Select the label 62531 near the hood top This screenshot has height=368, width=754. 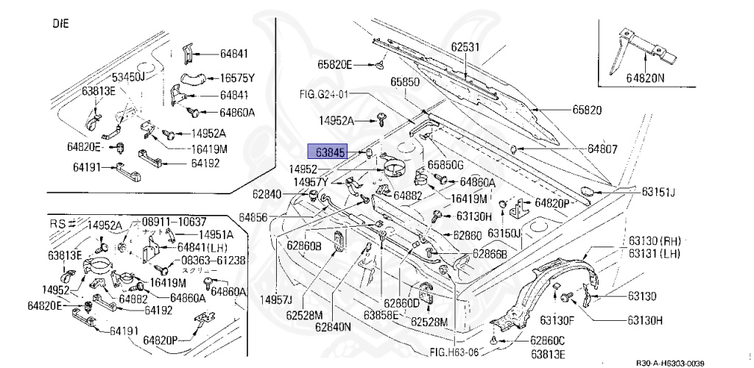[465, 47]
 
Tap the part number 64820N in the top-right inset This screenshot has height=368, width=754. [645, 77]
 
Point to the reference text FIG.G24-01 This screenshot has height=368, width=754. [323, 94]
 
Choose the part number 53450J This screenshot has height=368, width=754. [129, 77]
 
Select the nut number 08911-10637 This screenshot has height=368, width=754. [174, 222]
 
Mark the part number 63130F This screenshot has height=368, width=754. [557, 320]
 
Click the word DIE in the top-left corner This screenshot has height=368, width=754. [60, 23]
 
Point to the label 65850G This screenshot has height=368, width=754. [446, 166]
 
